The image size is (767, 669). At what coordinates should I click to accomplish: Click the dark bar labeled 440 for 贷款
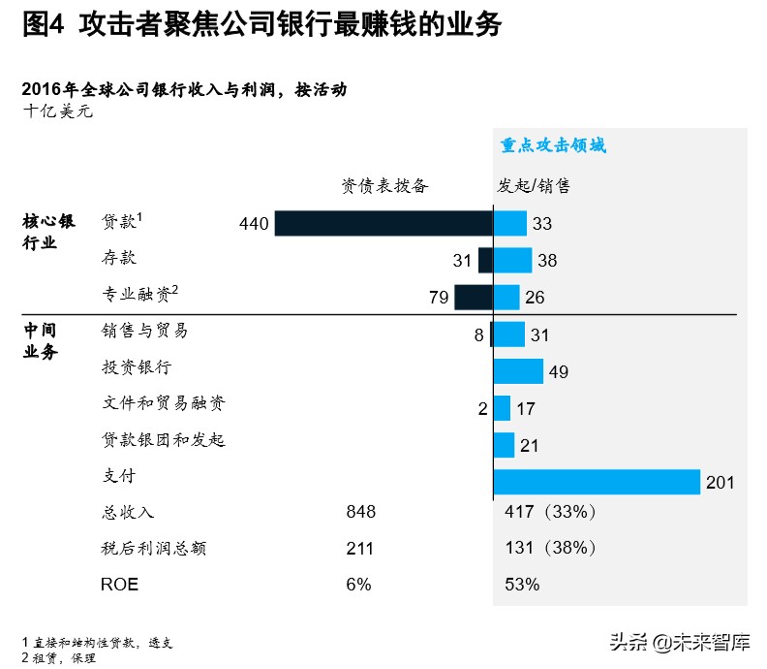(x=383, y=223)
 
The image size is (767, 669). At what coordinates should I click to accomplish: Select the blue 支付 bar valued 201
(x=597, y=482)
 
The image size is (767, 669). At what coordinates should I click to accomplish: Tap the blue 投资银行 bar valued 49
(x=518, y=371)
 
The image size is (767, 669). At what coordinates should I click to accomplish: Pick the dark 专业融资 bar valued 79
(x=474, y=297)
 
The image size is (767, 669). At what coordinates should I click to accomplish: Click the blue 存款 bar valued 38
(x=512, y=260)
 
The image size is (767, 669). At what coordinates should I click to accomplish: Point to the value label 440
(x=253, y=224)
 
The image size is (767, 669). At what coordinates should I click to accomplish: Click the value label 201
(x=721, y=483)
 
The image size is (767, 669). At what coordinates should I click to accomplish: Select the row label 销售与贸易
(x=145, y=331)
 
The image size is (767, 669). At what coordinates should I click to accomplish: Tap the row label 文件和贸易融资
(x=165, y=403)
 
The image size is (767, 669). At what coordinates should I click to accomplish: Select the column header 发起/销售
(x=534, y=185)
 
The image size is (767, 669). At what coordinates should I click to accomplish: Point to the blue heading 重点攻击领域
(x=553, y=145)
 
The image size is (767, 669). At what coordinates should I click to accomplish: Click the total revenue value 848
(x=360, y=512)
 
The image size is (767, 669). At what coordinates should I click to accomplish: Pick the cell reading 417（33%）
(x=551, y=512)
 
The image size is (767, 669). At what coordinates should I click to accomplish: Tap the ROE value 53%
(x=523, y=585)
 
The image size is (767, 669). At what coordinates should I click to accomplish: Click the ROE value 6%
(x=358, y=585)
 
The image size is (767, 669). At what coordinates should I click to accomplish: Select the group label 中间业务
(x=41, y=341)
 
